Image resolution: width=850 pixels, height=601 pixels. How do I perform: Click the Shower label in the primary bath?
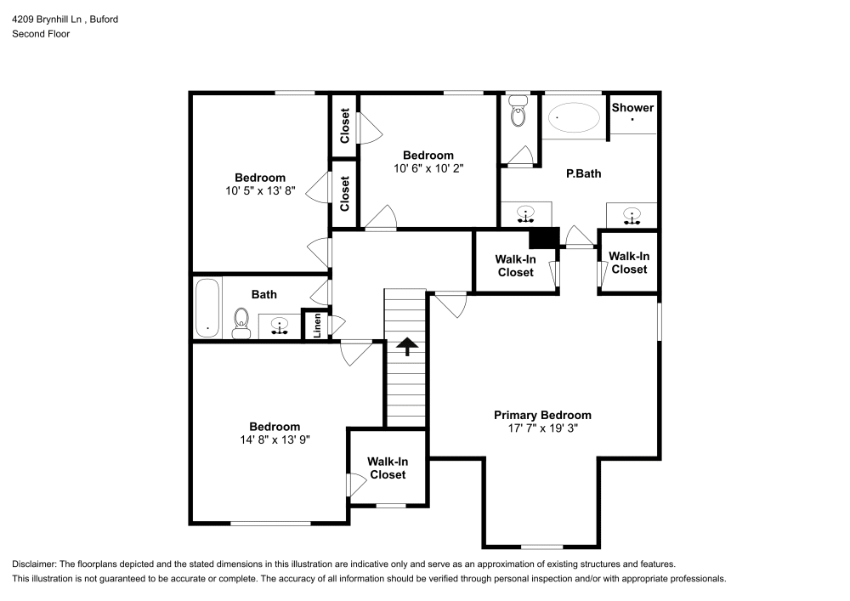click(x=632, y=107)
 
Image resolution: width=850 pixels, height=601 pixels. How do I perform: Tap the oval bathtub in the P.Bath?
click(x=573, y=118)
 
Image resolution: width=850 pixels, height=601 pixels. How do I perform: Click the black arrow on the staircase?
click(x=406, y=346)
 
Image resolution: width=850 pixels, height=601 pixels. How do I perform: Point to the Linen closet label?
click(x=317, y=326)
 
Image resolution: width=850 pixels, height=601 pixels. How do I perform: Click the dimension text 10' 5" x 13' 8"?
click(x=259, y=191)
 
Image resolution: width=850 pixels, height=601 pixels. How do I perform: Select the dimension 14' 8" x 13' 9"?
click(x=274, y=440)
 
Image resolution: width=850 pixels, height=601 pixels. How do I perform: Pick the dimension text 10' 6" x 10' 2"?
click(x=428, y=168)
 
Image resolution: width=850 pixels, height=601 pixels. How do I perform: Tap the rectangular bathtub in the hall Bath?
click(x=207, y=308)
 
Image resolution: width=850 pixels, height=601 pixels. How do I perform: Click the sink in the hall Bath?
click(x=279, y=326)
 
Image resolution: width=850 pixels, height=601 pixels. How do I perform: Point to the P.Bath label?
click(x=584, y=173)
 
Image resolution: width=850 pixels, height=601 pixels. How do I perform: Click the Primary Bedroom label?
click(x=542, y=415)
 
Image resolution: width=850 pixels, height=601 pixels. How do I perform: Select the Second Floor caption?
click(x=41, y=34)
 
